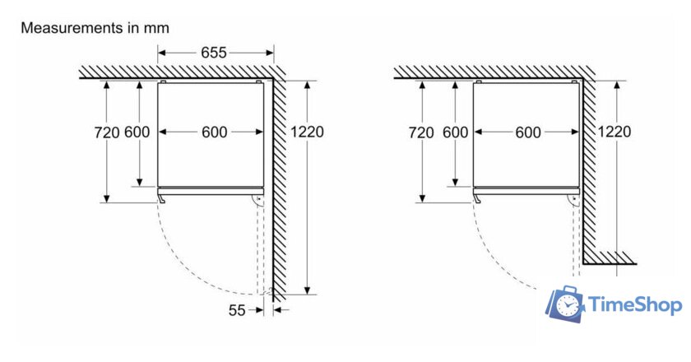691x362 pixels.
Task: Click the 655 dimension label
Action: point(214,53)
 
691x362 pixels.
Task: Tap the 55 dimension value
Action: point(237,310)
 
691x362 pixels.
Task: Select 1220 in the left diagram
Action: point(306,132)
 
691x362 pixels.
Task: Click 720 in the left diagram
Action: point(107,132)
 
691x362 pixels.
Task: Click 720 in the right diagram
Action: point(421,132)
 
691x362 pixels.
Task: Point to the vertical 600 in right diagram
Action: point(455,132)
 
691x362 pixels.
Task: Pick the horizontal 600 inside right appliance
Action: point(528,132)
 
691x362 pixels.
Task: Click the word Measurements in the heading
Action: point(71,28)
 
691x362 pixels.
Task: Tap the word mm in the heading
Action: point(157,28)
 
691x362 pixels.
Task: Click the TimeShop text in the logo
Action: point(636,306)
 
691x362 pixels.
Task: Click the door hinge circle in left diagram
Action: point(258,200)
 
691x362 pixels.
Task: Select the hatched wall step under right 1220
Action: point(609,258)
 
